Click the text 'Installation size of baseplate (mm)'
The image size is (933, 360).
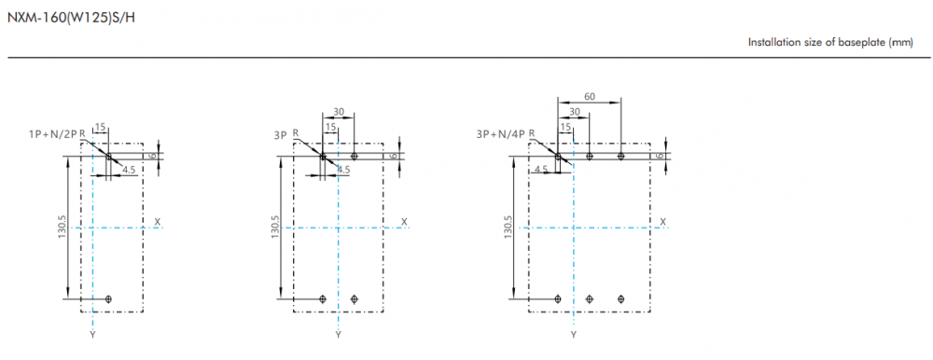coord(830,42)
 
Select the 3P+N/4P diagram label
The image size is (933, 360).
coord(501,134)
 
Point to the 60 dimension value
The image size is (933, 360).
coord(590,96)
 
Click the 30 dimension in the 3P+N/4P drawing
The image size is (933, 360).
coord(574,111)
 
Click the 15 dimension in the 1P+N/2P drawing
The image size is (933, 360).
coord(100,126)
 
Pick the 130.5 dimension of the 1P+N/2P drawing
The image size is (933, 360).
coord(62,228)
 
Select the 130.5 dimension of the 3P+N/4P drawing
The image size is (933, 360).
coord(508,228)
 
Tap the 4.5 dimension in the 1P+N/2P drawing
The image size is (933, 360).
coord(129,170)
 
